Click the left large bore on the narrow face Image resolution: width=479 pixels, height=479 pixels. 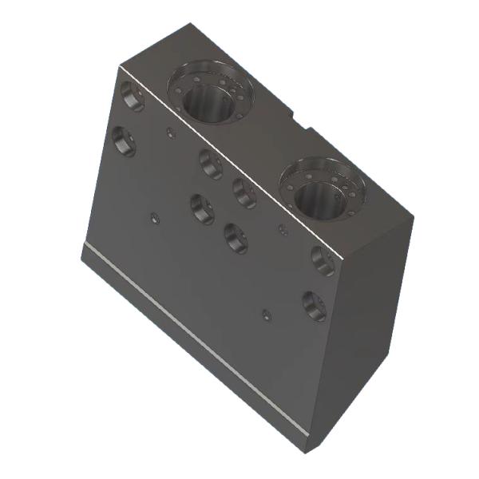point(209,97)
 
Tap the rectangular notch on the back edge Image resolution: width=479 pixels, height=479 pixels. point(302,121)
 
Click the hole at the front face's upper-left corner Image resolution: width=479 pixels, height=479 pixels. point(133,97)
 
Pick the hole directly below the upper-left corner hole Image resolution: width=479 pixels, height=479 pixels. point(125,141)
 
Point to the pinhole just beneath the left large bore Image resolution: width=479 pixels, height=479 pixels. point(168,132)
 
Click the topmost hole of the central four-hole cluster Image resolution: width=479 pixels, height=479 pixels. point(211,163)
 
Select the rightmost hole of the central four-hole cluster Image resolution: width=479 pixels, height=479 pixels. point(244,192)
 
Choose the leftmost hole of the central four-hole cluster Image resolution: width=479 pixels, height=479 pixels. point(203,208)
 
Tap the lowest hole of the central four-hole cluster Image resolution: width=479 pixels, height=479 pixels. point(236,237)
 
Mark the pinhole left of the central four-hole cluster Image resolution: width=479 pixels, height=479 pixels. point(155,216)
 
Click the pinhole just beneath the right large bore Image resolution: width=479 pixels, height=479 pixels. point(282,231)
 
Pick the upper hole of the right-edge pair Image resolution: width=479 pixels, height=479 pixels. point(323,260)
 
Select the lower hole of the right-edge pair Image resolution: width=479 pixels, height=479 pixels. point(314,305)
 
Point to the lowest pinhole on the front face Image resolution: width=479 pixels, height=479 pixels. point(266,313)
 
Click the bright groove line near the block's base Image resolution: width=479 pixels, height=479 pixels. point(192,338)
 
